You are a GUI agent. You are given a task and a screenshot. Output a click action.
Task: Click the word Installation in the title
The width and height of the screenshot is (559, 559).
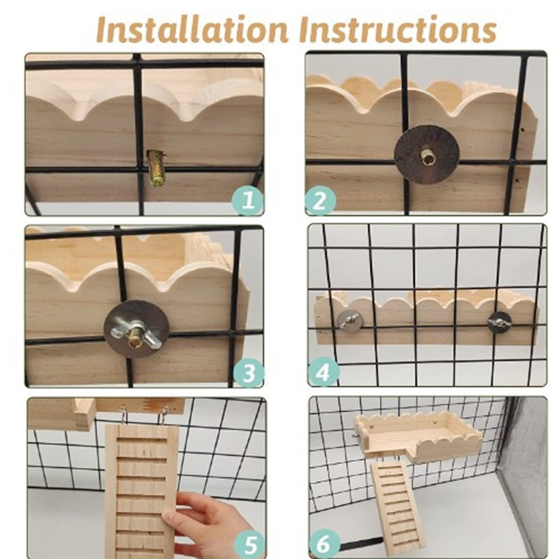click(x=192, y=29)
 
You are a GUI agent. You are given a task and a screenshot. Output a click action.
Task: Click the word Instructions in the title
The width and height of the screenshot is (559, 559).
click(x=398, y=29)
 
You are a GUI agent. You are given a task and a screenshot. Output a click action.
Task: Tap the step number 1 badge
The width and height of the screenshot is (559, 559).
click(x=248, y=200)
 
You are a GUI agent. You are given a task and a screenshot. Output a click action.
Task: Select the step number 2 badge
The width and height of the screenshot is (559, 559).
click(x=320, y=201)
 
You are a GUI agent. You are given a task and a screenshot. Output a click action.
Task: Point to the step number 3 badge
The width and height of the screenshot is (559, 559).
click(x=249, y=373)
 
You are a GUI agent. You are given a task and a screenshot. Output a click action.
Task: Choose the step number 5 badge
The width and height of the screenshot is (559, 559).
click(x=250, y=546)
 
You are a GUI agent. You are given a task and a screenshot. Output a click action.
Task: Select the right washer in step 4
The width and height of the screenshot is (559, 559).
click(x=500, y=321)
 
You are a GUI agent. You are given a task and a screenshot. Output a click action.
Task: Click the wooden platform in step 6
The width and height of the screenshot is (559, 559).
click(x=418, y=437)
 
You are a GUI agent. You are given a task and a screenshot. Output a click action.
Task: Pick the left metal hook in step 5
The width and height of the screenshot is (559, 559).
click(x=123, y=415)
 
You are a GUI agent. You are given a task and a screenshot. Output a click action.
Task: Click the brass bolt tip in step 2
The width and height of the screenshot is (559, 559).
click(x=426, y=155)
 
